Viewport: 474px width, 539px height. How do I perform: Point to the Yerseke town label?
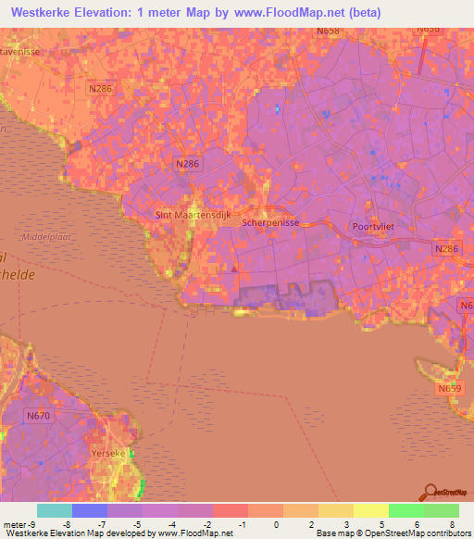(x=107, y=454)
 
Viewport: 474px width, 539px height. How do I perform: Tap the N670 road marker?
(x=38, y=417)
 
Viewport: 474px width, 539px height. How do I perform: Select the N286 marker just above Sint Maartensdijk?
(x=188, y=163)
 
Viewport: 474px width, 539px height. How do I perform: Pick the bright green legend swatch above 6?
(x=405, y=510)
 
